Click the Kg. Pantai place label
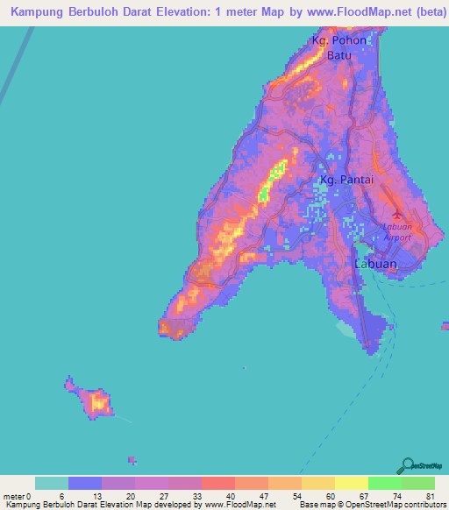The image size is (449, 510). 346,180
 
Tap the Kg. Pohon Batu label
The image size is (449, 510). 339,47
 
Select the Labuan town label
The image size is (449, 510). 374,264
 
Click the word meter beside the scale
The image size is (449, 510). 14,496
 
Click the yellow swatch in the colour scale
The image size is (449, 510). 352,483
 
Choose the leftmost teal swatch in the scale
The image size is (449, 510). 52,483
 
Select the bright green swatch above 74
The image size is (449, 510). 385,483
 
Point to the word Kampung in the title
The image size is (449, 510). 36,12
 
